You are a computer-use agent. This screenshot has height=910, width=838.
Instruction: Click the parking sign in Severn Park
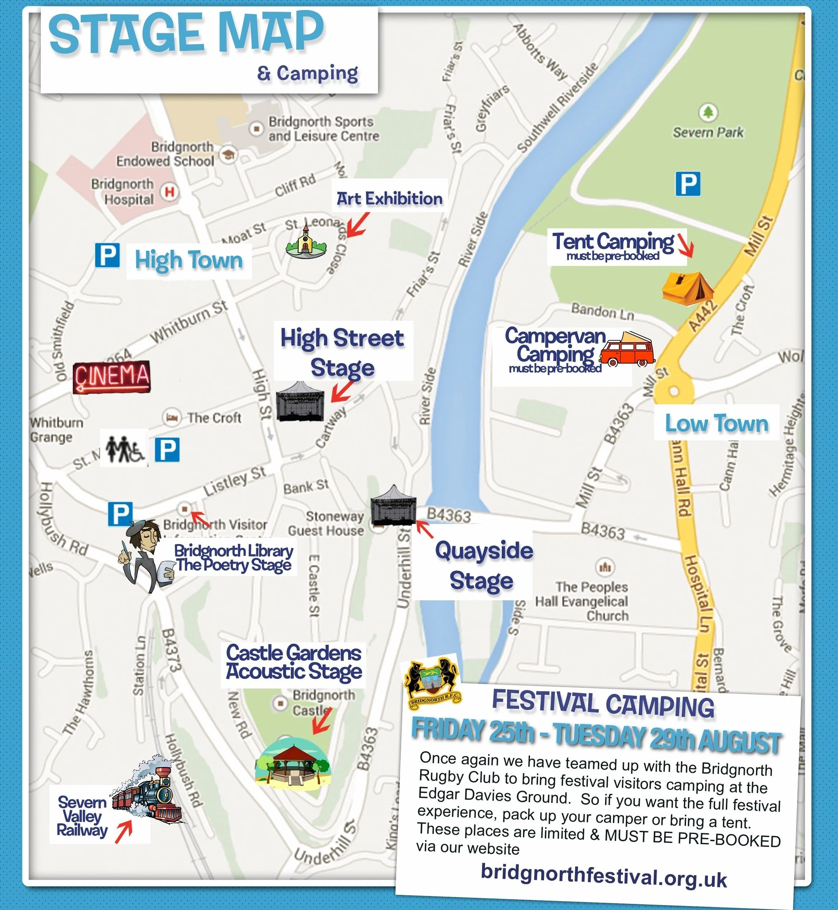pyautogui.click(x=687, y=184)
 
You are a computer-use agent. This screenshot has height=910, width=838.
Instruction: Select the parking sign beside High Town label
pyautogui.click(x=108, y=255)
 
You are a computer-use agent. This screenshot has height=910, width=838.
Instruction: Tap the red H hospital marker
pyautogui.click(x=170, y=192)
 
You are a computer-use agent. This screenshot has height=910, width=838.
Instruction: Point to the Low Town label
pyautogui.click(x=716, y=423)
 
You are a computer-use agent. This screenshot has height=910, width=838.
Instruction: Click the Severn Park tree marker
pyautogui.click(x=708, y=111)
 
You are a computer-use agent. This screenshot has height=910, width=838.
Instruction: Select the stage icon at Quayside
pyautogui.click(x=393, y=506)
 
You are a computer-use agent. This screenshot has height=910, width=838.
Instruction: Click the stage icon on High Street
pyautogui.click(x=300, y=402)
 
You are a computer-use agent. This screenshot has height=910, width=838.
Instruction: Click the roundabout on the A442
pyautogui.click(x=674, y=391)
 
